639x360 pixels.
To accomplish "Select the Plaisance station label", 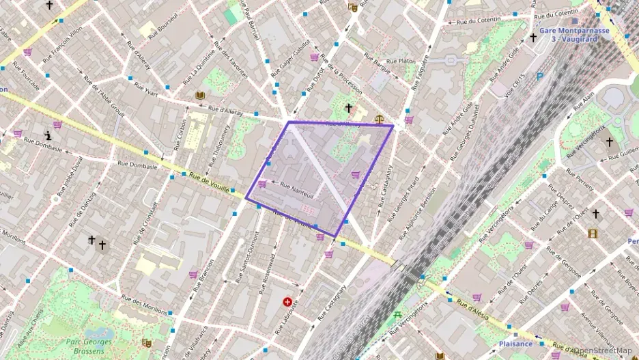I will point(515,344).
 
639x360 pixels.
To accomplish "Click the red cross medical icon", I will point(287,301).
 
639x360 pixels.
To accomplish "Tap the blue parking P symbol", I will point(540,76).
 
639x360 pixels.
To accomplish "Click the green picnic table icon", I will point(397,315).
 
